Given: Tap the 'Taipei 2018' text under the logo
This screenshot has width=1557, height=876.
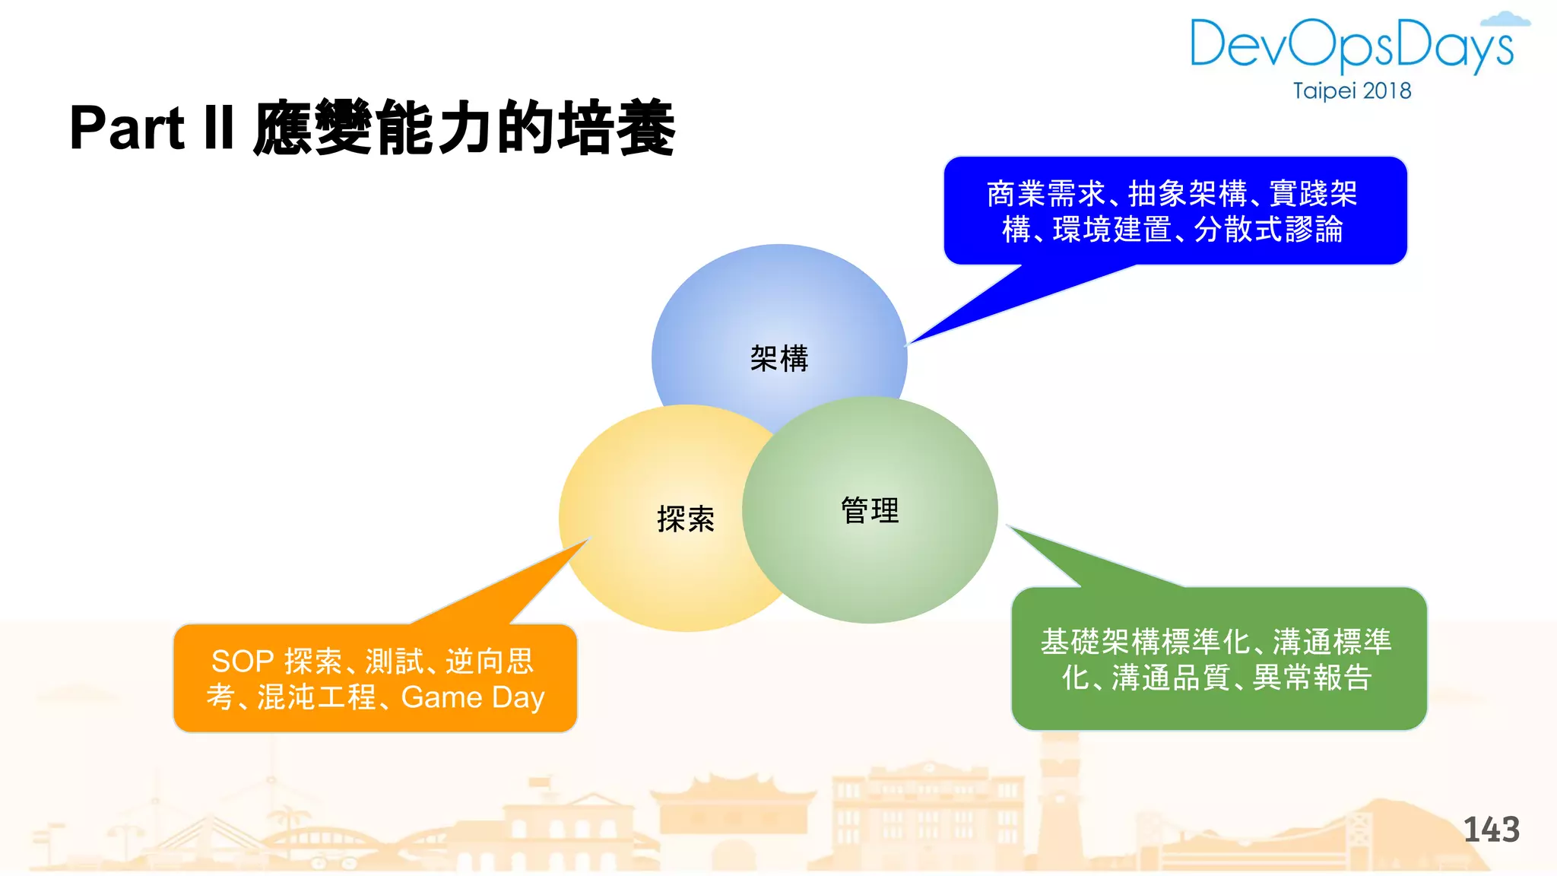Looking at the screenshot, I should [x=1352, y=91].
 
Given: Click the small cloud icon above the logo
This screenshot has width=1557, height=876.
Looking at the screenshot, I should [x=1506, y=20].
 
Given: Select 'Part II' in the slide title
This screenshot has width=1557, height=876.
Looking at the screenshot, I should [x=151, y=128].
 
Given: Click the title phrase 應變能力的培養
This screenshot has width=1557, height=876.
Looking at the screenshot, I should [x=464, y=128].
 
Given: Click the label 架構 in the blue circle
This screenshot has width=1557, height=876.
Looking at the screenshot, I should [x=779, y=358].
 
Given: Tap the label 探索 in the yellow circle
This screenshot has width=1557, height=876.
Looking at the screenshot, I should [x=686, y=519].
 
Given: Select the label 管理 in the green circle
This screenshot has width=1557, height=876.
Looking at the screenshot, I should [x=870, y=510].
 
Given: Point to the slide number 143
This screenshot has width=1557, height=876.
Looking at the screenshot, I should [x=1491, y=830].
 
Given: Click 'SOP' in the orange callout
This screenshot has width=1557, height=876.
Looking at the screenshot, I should [x=242, y=662].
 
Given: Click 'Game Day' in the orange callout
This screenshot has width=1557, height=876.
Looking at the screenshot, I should [x=473, y=697].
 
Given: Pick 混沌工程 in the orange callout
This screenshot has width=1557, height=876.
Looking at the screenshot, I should [x=316, y=697].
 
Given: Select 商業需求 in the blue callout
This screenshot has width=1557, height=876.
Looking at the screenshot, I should [x=1045, y=194].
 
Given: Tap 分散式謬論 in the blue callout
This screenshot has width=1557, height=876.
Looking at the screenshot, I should [x=1268, y=230].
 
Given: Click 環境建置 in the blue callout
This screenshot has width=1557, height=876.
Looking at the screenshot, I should [x=1111, y=230].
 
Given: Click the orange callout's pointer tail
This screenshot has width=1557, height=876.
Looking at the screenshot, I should [x=517, y=586].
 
